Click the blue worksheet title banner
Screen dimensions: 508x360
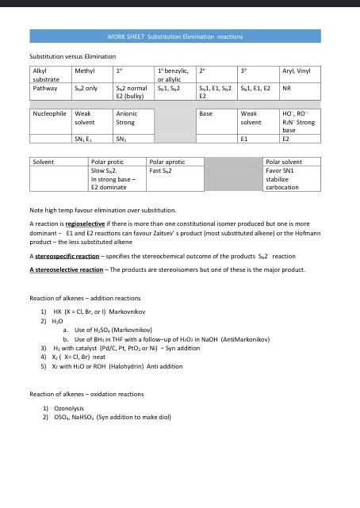(x=175, y=36)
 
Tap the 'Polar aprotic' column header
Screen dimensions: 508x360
(x=167, y=162)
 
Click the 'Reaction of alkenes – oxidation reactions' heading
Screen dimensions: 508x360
(x=86, y=393)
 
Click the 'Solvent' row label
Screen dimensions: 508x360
(x=44, y=162)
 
